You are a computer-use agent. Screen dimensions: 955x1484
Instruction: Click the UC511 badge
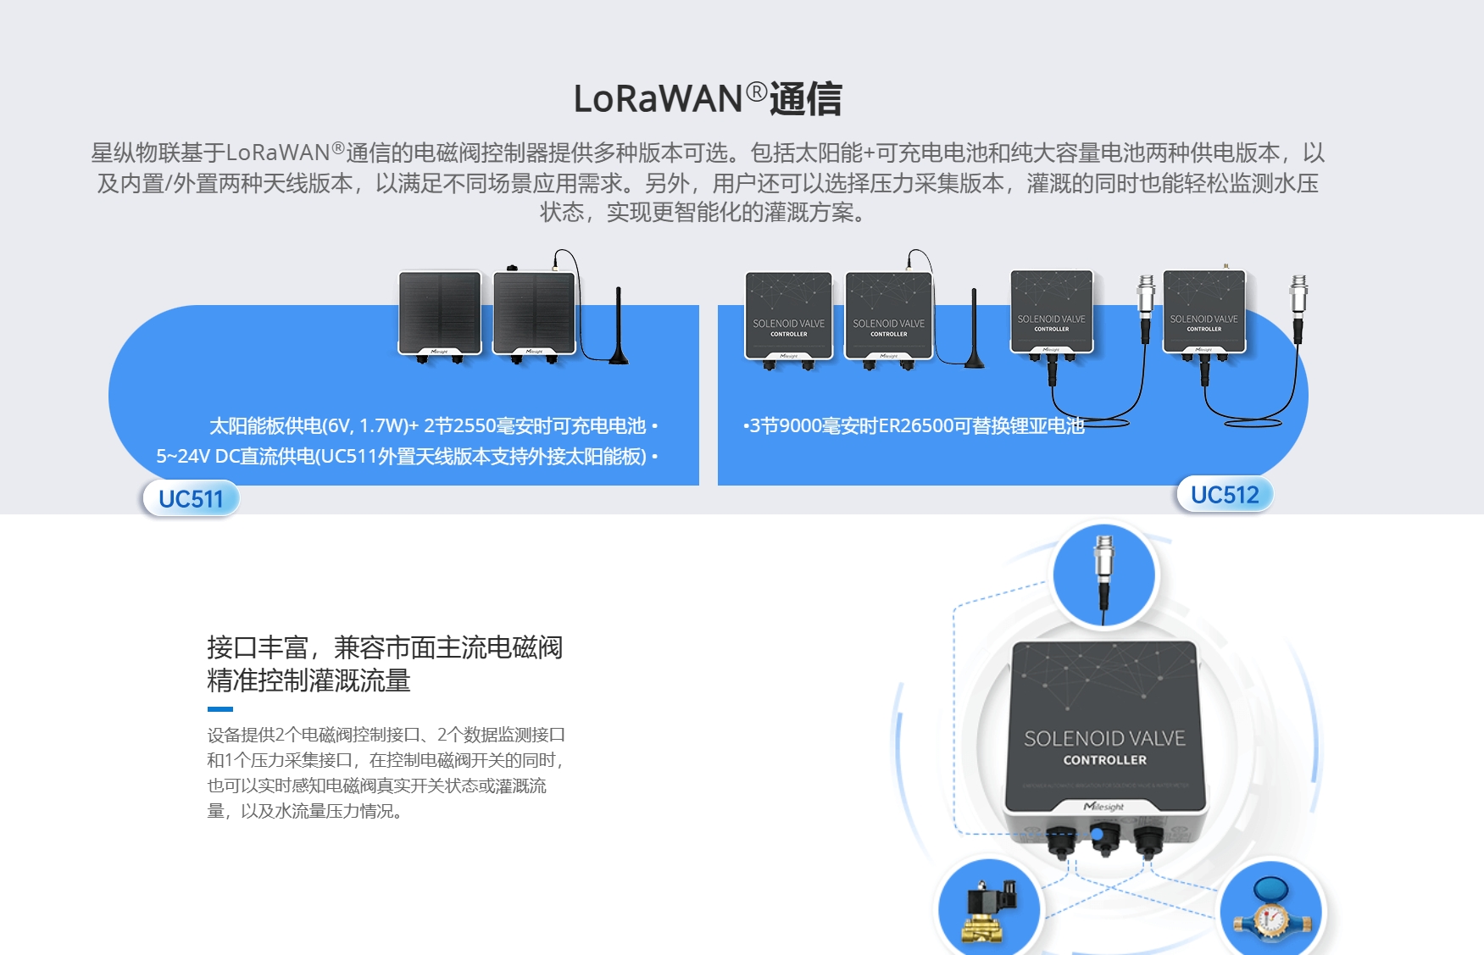[x=191, y=498]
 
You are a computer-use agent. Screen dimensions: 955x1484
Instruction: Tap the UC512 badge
[x=1225, y=495]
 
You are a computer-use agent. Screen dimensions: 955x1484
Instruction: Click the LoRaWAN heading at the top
[x=707, y=99]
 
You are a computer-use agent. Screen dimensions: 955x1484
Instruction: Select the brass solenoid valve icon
[x=988, y=911]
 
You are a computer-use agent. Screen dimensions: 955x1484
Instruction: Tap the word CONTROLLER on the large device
[x=1104, y=760]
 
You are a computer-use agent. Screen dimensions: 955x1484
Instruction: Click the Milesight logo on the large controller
[x=1103, y=807]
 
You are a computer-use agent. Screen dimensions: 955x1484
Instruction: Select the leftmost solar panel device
[x=440, y=314]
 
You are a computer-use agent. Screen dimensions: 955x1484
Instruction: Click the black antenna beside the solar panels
[x=619, y=326]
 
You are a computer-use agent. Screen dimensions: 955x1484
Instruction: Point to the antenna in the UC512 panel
[x=974, y=330]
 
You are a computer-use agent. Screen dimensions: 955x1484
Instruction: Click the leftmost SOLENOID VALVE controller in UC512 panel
[x=788, y=318]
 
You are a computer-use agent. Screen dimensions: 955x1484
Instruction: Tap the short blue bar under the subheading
[x=220, y=709]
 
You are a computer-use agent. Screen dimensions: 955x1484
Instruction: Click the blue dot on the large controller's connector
[x=1097, y=835]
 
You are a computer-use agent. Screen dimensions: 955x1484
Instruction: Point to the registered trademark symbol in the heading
[x=757, y=91]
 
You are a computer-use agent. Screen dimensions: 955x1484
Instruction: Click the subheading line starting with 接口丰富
[x=385, y=647]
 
